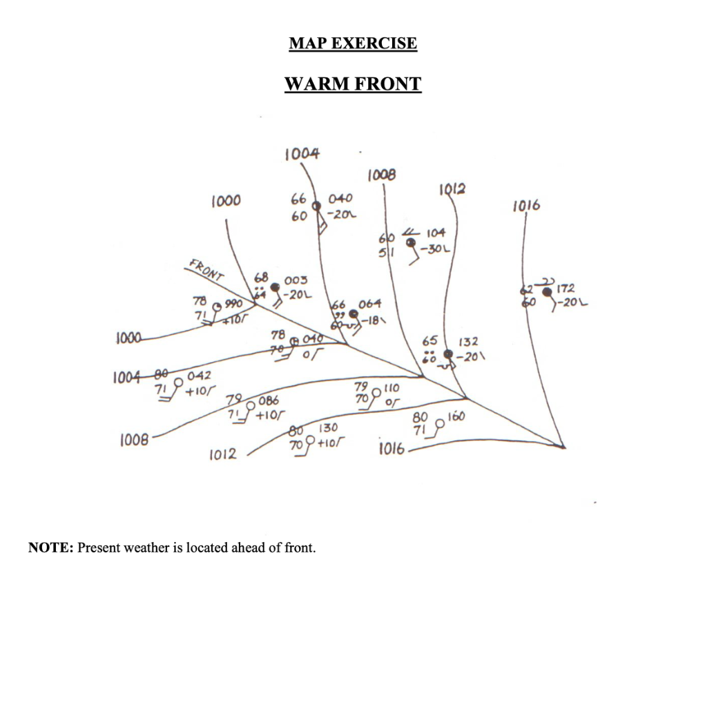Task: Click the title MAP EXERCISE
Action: point(353,43)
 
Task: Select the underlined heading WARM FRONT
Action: point(353,84)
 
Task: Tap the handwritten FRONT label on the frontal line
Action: point(205,270)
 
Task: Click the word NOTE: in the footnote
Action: point(50,548)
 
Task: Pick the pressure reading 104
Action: point(436,233)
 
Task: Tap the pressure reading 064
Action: point(370,304)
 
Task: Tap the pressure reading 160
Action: point(456,417)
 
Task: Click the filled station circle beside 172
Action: point(548,292)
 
